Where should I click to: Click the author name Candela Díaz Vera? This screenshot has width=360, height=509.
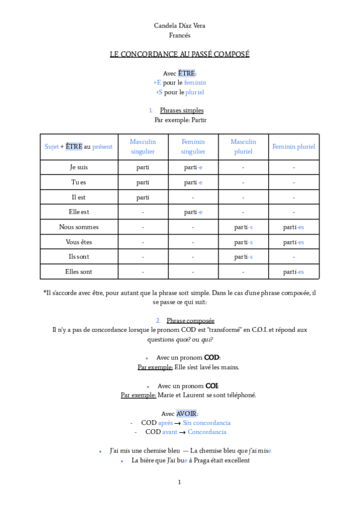click(x=179, y=26)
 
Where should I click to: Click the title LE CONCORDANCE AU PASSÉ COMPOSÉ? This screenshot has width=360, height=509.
click(x=179, y=55)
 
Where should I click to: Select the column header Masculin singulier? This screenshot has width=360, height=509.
click(x=143, y=146)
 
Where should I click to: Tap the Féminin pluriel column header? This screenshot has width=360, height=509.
click(x=293, y=146)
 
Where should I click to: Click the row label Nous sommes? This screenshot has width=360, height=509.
click(x=79, y=227)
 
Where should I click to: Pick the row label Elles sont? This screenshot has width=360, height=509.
click(x=79, y=271)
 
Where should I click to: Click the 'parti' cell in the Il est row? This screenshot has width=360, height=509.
click(x=143, y=197)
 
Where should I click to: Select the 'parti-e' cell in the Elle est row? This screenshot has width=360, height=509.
click(x=193, y=212)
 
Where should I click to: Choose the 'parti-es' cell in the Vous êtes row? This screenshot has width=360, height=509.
click(x=293, y=242)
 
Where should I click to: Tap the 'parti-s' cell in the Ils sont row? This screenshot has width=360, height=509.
click(x=243, y=257)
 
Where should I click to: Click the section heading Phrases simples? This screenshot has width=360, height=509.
click(x=181, y=110)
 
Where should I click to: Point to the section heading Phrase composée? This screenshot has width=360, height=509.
click(x=190, y=321)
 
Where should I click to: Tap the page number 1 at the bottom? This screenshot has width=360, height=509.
click(x=179, y=483)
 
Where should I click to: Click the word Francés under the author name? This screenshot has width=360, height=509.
click(x=179, y=35)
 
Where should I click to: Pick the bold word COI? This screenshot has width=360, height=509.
click(x=212, y=386)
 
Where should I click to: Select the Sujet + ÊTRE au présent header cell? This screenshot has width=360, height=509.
click(x=79, y=146)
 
